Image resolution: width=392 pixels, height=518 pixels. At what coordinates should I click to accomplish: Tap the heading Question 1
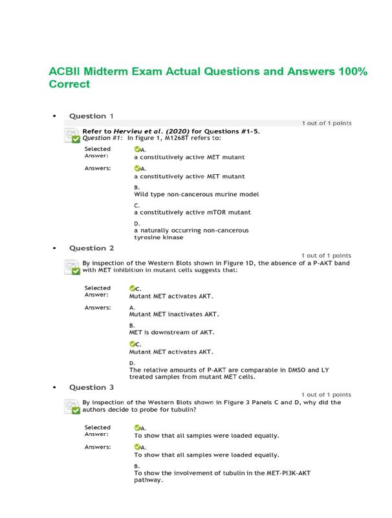(x=91, y=117)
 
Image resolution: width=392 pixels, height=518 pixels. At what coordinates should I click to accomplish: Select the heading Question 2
(x=91, y=248)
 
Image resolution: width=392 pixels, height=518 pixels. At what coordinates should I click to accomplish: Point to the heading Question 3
(x=91, y=387)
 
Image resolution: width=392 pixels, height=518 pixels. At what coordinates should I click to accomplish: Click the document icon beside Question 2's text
(x=72, y=267)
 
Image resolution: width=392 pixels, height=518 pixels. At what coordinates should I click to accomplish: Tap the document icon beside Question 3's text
(x=72, y=406)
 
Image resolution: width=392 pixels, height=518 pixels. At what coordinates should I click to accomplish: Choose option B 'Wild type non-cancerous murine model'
(x=197, y=194)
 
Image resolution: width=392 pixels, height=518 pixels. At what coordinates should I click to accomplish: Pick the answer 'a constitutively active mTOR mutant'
(x=192, y=212)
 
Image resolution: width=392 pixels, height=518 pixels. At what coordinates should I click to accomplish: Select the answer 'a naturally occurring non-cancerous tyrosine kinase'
(x=191, y=233)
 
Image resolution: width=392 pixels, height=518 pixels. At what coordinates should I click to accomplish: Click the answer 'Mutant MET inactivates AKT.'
(x=174, y=315)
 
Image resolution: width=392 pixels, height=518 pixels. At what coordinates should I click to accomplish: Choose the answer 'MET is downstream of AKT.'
(x=171, y=333)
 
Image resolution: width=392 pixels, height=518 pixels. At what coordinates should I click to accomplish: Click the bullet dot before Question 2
(x=54, y=248)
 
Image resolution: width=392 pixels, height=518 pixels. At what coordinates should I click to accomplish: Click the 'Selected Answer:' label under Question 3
(x=98, y=431)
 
